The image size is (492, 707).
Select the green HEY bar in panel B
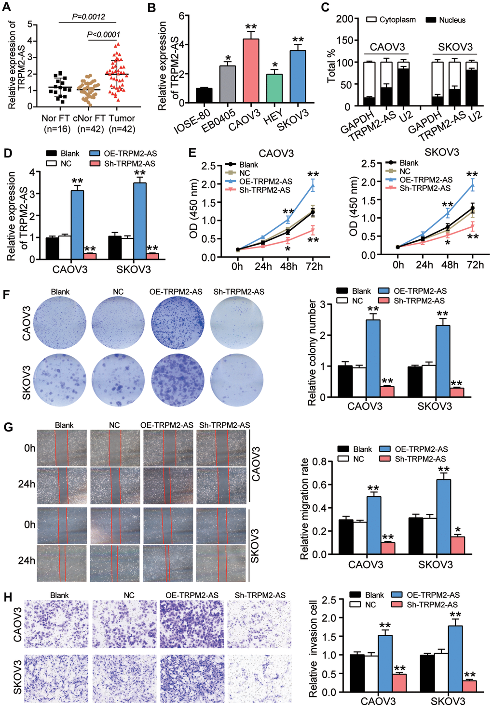click(x=274, y=89)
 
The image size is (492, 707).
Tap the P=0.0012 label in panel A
click(x=88, y=16)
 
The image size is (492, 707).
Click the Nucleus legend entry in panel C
click(x=446, y=20)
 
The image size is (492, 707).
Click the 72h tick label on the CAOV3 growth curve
click(x=314, y=266)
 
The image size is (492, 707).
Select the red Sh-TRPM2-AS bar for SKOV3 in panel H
click(x=469, y=686)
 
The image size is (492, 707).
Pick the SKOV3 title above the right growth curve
click(x=442, y=152)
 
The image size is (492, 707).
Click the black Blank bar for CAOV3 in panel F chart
click(x=345, y=381)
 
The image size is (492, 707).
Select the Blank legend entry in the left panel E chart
click(x=248, y=165)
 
